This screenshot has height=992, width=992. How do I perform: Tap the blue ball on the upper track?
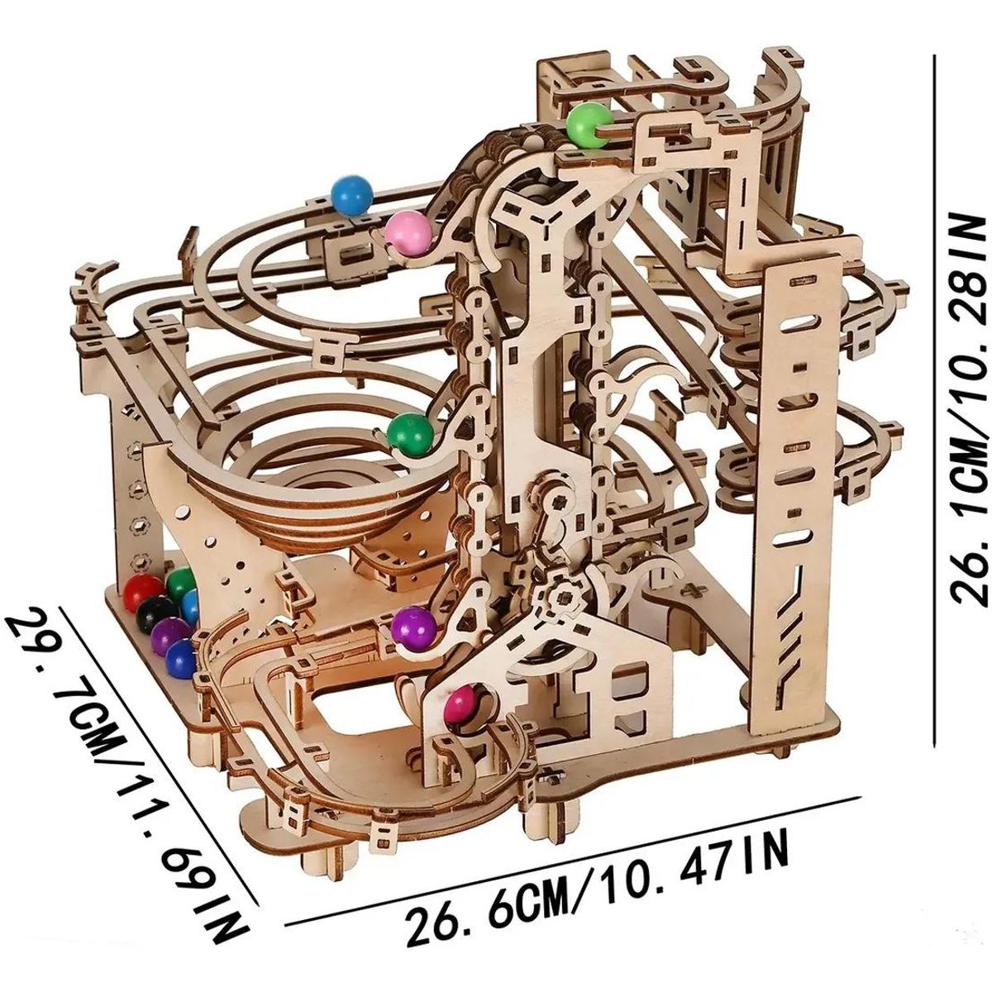pos(352,197)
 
